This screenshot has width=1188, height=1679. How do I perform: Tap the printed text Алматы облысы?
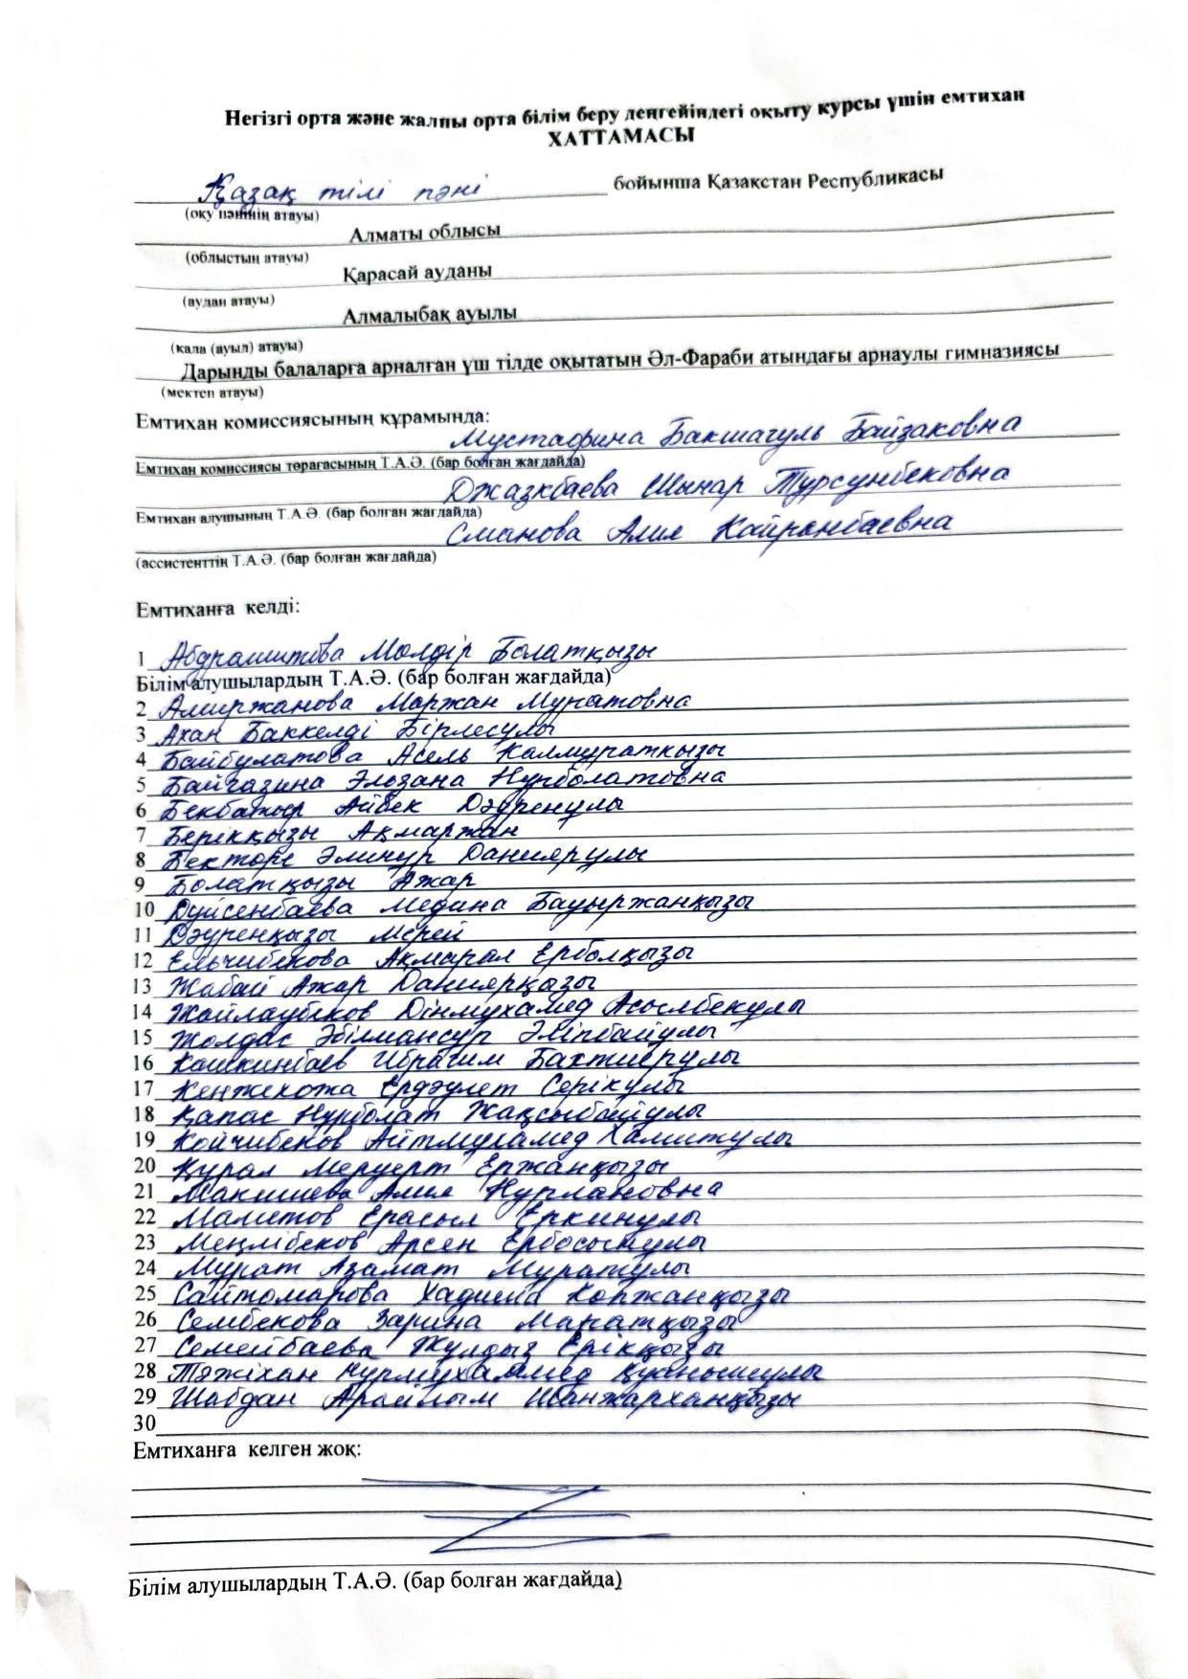[425, 233]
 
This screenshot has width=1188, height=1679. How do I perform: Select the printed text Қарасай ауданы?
[418, 273]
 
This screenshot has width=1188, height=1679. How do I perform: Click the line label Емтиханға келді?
[217, 608]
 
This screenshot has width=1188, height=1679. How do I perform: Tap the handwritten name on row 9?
[321, 879]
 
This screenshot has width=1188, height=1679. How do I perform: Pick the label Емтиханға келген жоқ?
[247, 1450]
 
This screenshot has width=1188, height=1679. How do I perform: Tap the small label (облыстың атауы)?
[246, 258]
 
